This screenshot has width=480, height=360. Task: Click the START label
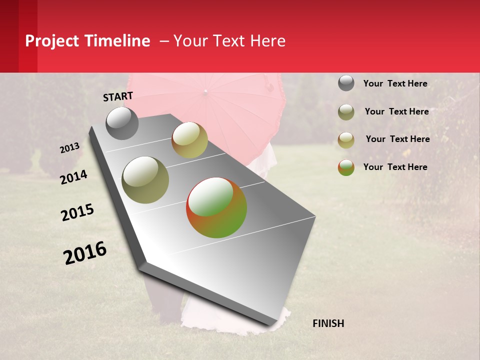coord(118,96)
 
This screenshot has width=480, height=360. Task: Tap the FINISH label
coord(328,323)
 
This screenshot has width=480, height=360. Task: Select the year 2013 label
coord(70,148)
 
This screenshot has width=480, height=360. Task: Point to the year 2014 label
coord(74,177)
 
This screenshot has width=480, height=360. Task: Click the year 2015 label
coord(77,212)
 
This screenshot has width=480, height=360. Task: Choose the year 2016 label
coord(85,253)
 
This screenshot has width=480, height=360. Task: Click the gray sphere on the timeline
coord(122,123)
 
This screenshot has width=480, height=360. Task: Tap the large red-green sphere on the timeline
coord(216,207)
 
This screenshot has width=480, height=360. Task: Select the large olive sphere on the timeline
coord(145,180)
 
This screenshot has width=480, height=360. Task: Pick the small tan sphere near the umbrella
coord(189,140)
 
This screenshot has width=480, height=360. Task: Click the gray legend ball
coord(346,83)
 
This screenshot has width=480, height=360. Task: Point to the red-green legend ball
coord(346,167)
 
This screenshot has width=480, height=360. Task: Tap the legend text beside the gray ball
coord(395,83)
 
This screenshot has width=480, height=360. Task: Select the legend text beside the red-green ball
coord(395,167)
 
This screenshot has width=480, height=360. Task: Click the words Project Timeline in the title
coord(87,41)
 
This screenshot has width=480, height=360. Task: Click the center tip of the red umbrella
coord(205,91)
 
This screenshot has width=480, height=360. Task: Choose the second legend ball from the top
coord(346,112)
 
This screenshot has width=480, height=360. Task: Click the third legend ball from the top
coord(346,140)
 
